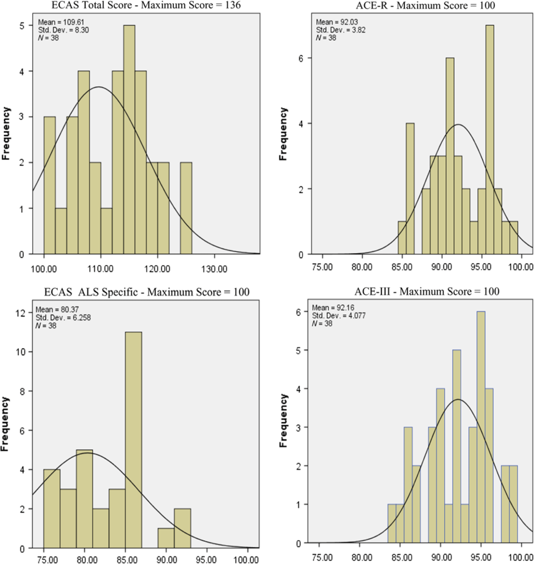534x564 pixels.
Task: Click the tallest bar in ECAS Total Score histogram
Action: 129,139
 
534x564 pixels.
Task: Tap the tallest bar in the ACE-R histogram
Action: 490,139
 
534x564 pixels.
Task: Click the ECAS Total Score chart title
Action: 146,5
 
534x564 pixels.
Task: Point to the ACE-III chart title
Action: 427,291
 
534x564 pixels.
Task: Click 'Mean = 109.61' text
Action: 61,22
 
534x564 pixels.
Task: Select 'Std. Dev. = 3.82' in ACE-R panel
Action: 341,30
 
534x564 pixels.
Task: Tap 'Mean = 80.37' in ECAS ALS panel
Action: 57,310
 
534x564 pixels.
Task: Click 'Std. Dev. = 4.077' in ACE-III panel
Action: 339,316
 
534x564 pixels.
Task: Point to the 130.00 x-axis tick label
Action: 214,269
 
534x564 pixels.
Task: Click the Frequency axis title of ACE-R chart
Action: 283,134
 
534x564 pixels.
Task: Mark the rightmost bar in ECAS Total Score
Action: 186,208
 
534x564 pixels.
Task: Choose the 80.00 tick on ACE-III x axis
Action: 360,557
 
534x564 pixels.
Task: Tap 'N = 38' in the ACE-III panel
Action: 322,323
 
